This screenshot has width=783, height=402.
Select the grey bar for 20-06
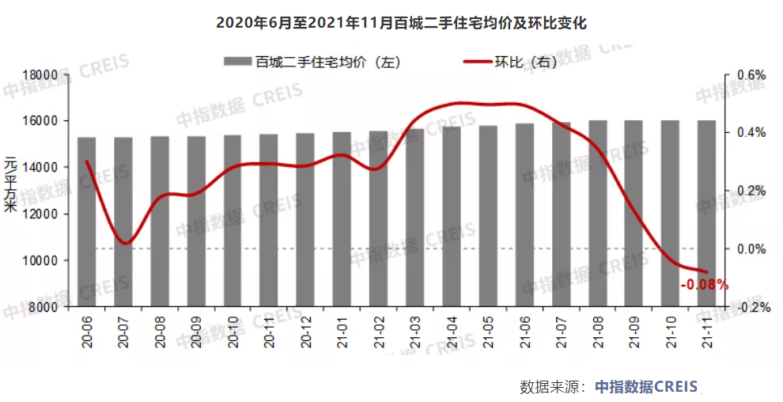point(87,222)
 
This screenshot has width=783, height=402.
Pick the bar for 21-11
point(706,213)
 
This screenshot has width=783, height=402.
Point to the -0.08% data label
point(704,284)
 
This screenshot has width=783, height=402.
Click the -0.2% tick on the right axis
point(752,308)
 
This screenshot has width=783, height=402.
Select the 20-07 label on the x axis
point(124,331)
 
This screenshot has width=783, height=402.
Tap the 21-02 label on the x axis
point(379,331)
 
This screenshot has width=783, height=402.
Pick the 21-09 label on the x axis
point(634,331)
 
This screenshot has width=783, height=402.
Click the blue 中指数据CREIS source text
point(646,386)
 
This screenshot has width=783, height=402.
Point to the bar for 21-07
point(561,214)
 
